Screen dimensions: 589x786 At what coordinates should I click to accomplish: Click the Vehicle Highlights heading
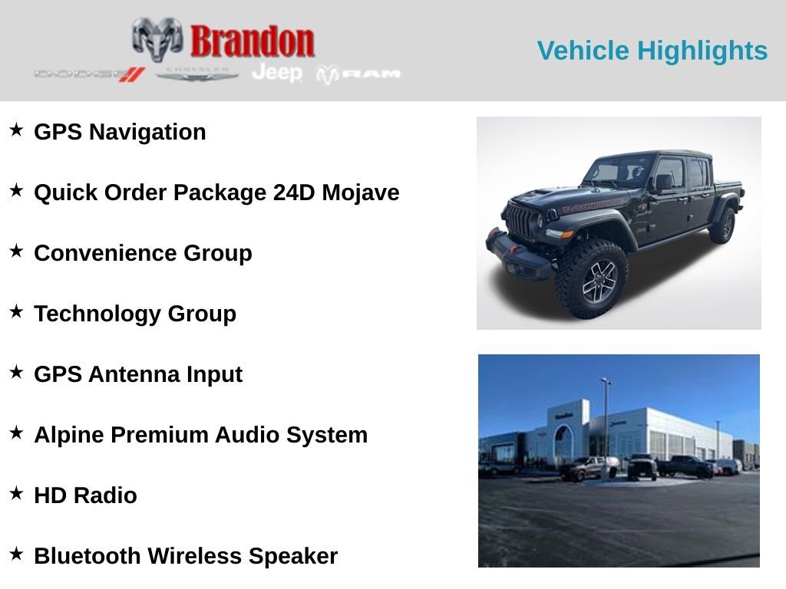652,51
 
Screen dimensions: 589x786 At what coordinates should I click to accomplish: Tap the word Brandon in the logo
253,41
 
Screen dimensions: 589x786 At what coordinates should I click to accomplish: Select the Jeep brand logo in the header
277,73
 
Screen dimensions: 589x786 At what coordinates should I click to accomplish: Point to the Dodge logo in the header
89,74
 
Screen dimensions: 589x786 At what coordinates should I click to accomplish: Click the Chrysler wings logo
197,74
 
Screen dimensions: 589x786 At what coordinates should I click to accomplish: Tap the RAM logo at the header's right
358,74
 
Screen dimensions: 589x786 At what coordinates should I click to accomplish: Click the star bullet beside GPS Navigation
16,130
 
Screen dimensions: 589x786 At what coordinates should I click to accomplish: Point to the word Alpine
69,435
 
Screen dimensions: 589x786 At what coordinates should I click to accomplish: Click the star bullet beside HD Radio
16,493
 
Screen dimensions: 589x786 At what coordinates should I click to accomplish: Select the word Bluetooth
88,556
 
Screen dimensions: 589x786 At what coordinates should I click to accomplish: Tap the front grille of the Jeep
520,220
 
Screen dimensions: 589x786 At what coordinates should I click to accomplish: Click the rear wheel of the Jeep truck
723,225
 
